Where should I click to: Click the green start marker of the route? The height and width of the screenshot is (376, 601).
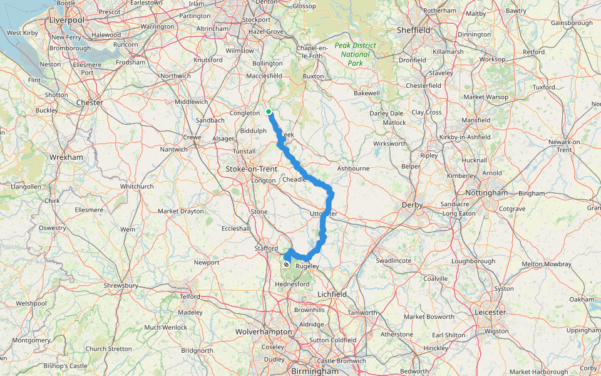pos(269,112)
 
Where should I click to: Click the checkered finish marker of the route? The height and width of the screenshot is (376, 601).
pos(287,256)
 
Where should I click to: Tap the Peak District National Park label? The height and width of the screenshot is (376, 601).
pos(356,54)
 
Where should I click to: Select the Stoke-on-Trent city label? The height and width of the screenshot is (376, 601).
pos(251,169)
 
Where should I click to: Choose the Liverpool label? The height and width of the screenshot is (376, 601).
pos(66,20)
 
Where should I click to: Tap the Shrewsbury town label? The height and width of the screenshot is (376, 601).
pos(121,286)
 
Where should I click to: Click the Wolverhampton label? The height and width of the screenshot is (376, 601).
pos(264,332)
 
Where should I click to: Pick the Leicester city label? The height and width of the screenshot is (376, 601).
pos(490,312)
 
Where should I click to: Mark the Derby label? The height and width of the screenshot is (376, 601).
pos(413,205)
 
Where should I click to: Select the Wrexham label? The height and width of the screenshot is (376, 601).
pos(66,157)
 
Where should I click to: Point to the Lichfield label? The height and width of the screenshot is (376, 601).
pos(332,294)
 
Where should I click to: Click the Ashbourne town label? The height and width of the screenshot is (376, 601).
pos(353,169)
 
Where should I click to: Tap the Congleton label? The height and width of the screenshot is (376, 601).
pos(245,113)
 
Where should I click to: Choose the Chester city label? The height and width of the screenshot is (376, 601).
pos(89,102)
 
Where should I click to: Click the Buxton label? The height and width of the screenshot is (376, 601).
pos(314,76)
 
